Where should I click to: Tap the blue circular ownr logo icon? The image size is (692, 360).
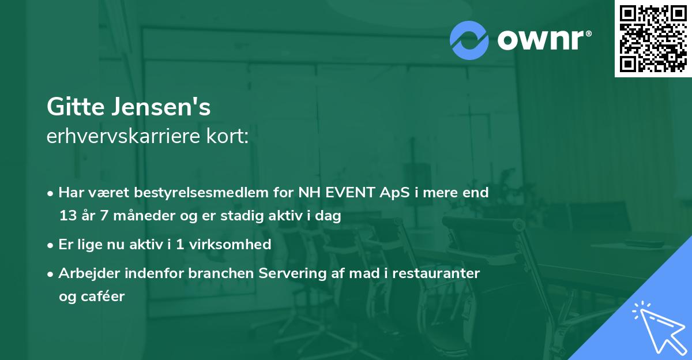tap(469, 40)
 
